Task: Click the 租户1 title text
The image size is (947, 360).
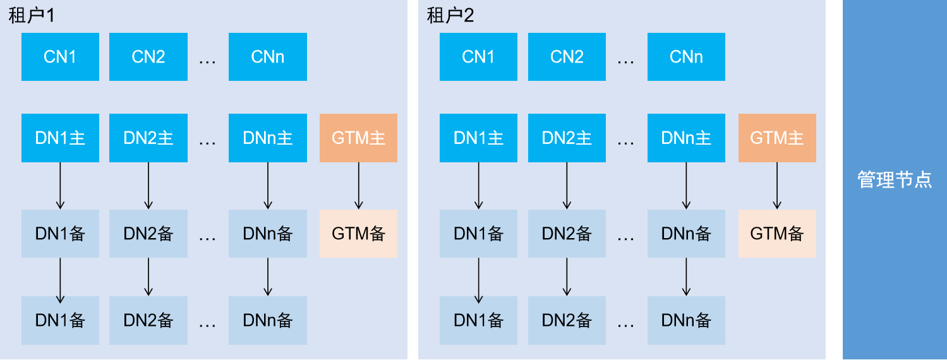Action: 32,16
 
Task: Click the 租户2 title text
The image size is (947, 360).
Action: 450,16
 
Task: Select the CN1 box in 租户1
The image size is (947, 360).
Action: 61,57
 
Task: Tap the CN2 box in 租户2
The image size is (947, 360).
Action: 567,57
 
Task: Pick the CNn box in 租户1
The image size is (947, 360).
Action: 268,57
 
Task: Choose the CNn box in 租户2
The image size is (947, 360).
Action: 686,57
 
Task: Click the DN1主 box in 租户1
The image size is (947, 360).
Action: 61,138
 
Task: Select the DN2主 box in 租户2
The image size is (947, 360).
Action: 567,138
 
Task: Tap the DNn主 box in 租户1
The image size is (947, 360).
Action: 268,138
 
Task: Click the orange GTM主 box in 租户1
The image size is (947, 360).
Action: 358,138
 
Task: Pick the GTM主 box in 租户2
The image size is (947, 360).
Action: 777,138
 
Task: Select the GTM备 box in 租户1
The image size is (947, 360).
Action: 358,234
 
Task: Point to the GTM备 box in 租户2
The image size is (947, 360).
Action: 777,234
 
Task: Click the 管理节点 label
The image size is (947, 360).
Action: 895,179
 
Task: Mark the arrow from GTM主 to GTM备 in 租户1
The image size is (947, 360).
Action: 358,186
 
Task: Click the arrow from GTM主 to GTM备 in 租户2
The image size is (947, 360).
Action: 777,186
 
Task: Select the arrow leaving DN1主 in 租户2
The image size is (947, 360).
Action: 479,186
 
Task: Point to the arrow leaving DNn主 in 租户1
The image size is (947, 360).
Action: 268,186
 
